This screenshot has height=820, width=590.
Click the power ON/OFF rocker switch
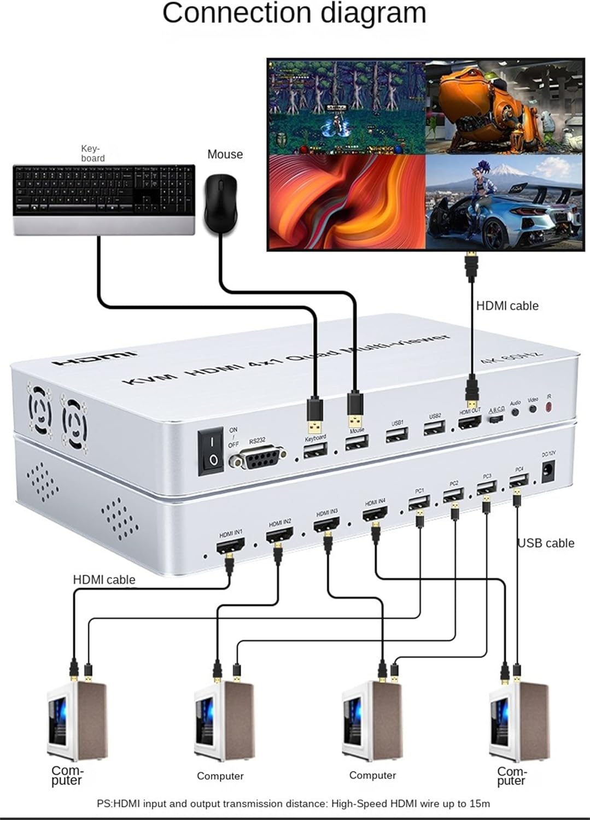pos(211,450)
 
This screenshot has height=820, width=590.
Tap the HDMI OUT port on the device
pos(469,421)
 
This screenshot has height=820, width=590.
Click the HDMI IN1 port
pos(230,545)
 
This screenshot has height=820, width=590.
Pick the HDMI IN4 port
pos(375,513)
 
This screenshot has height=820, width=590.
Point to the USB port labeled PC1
pos(419,502)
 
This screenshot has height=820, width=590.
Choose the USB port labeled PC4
pos(518,481)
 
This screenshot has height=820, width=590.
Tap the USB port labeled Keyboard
pos(315,450)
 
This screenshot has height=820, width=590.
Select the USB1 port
pos(396,435)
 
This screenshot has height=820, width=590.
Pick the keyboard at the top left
pos(104,199)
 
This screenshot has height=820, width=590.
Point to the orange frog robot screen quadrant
pos(504,107)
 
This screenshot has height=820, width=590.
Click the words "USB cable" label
pos(546,543)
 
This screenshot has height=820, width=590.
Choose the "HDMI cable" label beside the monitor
pos(507,306)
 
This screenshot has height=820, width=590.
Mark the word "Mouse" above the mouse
pos(225,154)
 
